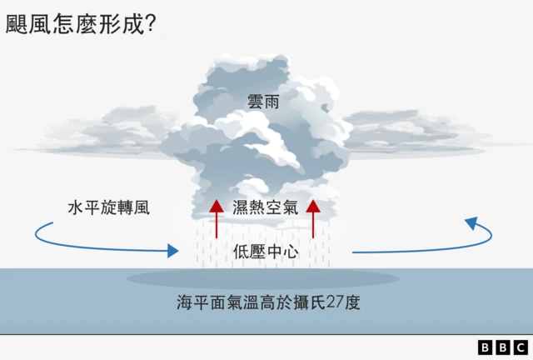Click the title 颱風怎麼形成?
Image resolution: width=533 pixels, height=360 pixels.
[x=81, y=24]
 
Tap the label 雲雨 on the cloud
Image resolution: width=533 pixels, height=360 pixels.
[x=263, y=102]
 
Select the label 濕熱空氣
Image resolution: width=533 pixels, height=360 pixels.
[x=265, y=207]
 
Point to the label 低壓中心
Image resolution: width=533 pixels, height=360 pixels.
[x=266, y=252]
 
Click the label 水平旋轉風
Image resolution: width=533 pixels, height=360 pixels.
[x=109, y=207]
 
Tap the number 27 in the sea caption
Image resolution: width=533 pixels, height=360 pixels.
[x=335, y=302]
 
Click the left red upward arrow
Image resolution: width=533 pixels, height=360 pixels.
[x=217, y=219]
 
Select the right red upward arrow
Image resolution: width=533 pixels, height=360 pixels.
[x=313, y=219]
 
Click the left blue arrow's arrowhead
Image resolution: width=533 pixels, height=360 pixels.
[x=173, y=251]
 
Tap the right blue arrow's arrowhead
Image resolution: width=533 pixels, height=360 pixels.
[x=472, y=222]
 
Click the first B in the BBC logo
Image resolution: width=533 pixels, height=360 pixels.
[x=485, y=347]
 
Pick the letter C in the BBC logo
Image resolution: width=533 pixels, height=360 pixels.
[x=521, y=347]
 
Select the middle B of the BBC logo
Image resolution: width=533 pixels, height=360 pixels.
[x=503, y=347]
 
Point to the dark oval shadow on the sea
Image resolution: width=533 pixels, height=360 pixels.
[x=263, y=278]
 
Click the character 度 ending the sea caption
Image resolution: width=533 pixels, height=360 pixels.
[x=352, y=302]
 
